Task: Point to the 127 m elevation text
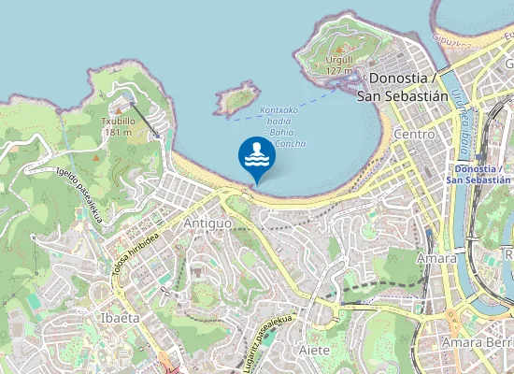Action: [339, 71]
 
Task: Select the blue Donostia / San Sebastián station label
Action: [478, 174]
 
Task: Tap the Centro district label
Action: [415, 135]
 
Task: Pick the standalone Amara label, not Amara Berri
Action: [437, 258]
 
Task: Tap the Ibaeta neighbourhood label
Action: [119, 318]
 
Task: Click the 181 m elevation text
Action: [118, 133]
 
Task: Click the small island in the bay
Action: [236, 98]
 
